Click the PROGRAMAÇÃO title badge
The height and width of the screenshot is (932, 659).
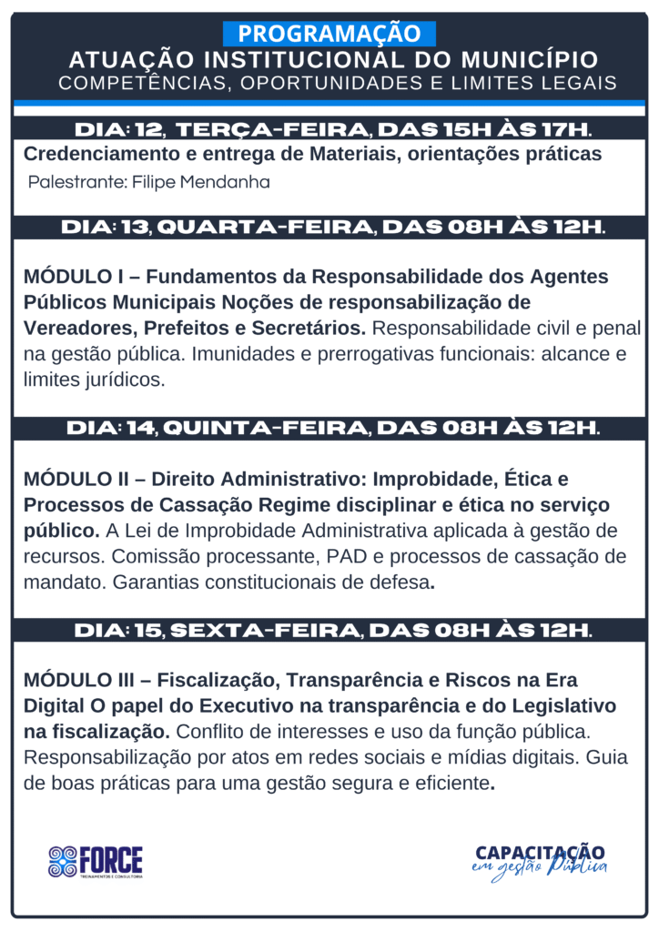coord(329,34)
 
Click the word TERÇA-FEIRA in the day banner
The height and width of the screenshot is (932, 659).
coord(272,127)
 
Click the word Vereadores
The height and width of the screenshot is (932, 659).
coord(74,328)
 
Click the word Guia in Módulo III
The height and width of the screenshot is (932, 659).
coord(609,757)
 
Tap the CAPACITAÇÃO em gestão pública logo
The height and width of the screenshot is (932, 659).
coord(541,859)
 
